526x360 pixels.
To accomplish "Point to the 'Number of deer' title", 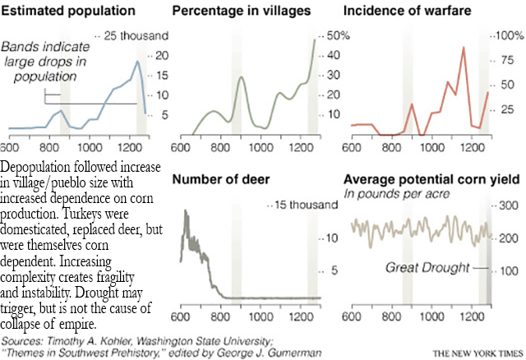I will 221,178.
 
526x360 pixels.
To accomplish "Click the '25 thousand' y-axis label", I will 135,36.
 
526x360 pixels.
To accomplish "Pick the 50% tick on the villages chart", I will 339,36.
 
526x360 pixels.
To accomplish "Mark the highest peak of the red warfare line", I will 464,48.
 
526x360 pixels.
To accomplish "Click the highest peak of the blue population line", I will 137,62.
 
